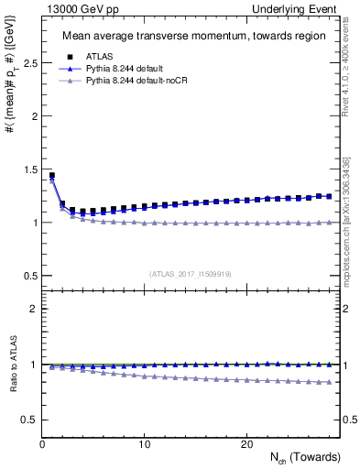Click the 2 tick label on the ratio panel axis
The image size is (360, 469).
(34, 309)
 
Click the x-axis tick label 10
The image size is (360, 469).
(144, 444)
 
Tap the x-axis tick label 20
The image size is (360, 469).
(245, 444)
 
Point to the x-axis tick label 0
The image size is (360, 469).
(42, 444)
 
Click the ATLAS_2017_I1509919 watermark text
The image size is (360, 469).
(188, 273)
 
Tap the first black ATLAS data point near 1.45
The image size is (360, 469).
(52, 175)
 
